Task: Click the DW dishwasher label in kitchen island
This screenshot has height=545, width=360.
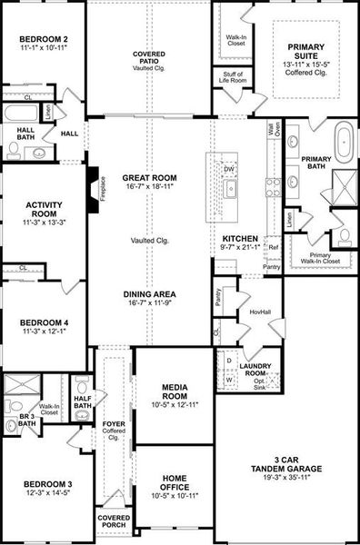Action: pos(230,169)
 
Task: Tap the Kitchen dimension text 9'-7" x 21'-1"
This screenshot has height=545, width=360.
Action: pos(241,244)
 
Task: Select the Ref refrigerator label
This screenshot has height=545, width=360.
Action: pos(273,246)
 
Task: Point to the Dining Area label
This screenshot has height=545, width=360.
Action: pos(150,294)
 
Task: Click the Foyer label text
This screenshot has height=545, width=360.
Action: pos(112,421)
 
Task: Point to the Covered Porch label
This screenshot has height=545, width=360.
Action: pos(114,520)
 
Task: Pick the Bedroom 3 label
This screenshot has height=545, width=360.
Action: pos(44,488)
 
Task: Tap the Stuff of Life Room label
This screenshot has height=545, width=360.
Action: pos(230,81)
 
